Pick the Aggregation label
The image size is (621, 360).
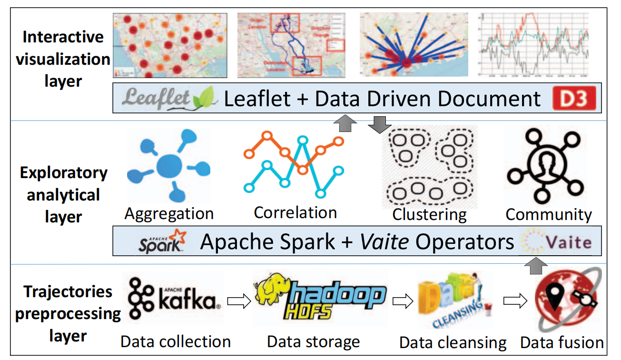click(x=169, y=214)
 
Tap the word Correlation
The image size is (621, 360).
click(x=295, y=212)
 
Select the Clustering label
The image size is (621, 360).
click(x=429, y=214)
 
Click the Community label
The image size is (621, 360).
click(x=549, y=214)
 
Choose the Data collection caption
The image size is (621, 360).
click(x=176, y=341)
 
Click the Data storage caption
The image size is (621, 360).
click(x=313, y=341)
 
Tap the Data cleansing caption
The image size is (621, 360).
click(x=453, y=342)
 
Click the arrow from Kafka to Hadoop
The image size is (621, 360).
click(x=239, y=301)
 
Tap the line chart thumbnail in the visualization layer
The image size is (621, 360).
click(x=533, y=45)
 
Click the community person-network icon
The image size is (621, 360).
click(x=545, y=168)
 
